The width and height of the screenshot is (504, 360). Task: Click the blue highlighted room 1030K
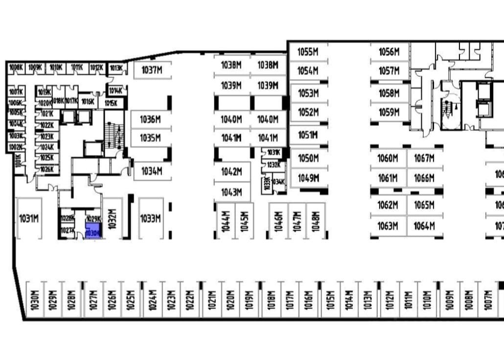coord(93,230)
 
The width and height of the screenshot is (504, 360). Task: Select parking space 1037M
coord(152,70)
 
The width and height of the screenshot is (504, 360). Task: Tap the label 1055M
coord(308,52)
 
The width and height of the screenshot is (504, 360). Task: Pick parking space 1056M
coord(389,52)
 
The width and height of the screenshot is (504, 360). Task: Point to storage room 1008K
coord(16,68)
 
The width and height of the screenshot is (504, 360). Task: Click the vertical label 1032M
coord(112,218)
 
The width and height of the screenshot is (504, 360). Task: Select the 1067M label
coord(424,158)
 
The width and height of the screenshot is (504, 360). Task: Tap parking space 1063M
coord(388,226)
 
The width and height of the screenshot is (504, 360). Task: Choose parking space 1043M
coord(231,192)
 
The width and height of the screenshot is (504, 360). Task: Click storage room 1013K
coord(116,68)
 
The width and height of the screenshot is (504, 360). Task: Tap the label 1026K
coord(47,169)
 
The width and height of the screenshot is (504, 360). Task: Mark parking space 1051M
coord(308,135)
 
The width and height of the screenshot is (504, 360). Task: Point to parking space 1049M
coord(308,178)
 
